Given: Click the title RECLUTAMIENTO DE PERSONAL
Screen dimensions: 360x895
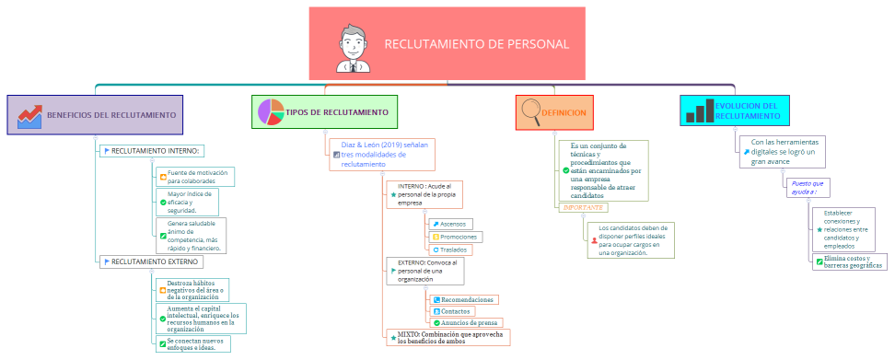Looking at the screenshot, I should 476,44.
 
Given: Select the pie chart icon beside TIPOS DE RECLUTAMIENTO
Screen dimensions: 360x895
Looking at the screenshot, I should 270,112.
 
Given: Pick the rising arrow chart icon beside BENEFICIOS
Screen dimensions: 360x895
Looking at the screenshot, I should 30,114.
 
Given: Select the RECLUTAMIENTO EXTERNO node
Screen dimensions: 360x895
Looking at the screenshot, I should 153,261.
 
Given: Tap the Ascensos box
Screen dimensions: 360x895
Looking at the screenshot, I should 451,224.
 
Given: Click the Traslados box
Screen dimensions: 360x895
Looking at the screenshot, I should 452,250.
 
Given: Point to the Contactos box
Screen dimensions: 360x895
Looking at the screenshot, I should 455,311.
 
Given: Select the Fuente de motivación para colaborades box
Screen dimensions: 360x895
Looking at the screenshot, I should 195,177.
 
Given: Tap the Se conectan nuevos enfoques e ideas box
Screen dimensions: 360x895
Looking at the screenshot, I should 193,343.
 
